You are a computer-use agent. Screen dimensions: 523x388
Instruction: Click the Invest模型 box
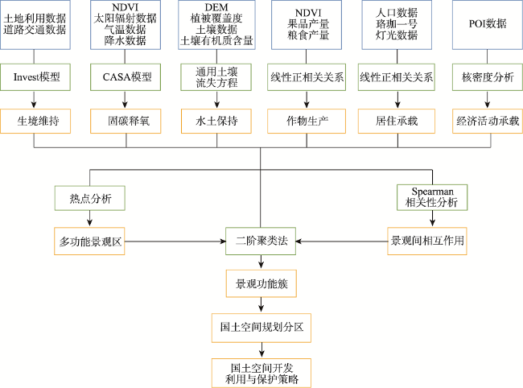tap(35, 77)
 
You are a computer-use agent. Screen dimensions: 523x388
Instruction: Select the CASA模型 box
tap(126, 77)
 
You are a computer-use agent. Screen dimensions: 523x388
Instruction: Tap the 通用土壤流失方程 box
tap(216, 77)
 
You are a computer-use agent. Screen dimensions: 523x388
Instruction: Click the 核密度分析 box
tap(488, 77)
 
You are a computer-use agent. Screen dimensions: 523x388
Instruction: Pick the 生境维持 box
tap(35, 121)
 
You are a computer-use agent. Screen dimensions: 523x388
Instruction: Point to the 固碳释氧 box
tap(126, 121)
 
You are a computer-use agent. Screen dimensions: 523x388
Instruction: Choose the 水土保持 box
tap(216, 121)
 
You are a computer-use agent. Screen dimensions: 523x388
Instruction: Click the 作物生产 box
tap(307, 121)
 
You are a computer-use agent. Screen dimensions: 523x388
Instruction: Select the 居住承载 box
tap(397, 121)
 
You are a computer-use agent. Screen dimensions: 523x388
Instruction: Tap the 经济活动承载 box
tap(488, 121)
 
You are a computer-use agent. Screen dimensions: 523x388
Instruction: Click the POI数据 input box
tap(488, 25)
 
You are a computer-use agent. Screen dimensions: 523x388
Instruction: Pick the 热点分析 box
tap(90, 198)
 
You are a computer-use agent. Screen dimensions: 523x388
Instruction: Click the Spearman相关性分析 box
tap(432, 197)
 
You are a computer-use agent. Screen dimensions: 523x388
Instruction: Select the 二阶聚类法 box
tap(261, 241)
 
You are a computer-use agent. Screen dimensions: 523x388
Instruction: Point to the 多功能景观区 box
tap(89, 241)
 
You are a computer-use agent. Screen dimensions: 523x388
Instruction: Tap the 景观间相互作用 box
tap(427, 241)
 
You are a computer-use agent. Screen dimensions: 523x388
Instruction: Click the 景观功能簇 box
tap(261, 283)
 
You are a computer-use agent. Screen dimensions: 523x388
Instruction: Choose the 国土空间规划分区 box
tap(261, 328)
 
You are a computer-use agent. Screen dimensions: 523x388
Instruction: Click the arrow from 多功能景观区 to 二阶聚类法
tap(175, 241)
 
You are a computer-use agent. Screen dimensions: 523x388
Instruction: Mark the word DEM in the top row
tap(216, 7)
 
